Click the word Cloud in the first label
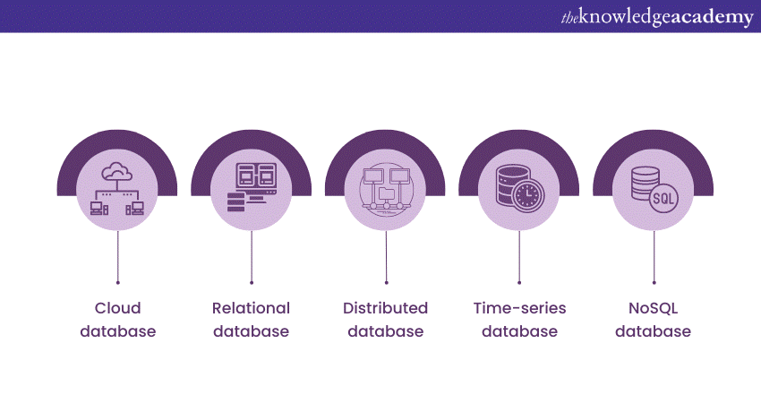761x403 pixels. [117, 308]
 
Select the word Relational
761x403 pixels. [251, 308]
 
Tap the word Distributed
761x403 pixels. [385, 308]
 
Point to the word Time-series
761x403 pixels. [519, 308]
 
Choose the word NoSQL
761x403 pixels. [654, 308]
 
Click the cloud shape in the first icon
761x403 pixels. [117, 170]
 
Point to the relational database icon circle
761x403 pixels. [252, 189]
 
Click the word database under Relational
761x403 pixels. [251, 331]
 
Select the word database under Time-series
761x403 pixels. [519, 331]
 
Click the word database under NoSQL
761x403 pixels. [654, 331]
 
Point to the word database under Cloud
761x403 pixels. [117, 331]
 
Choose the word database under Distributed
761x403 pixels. [385, 331]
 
